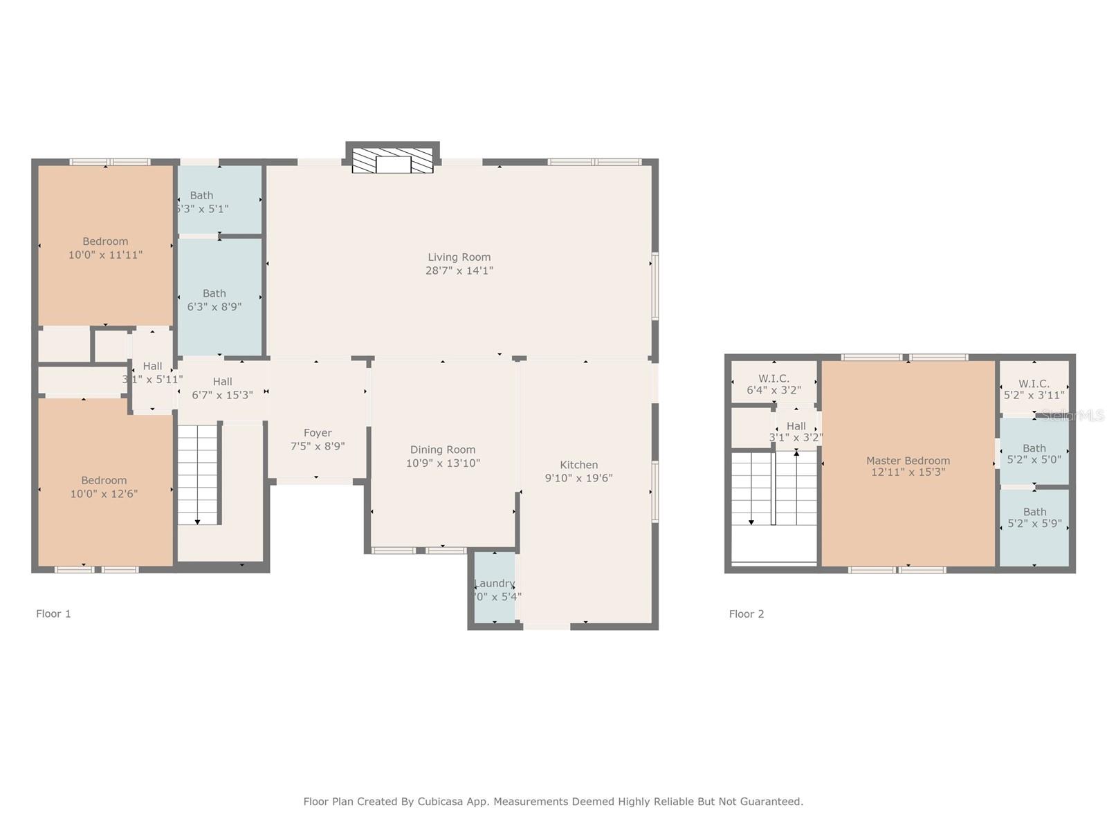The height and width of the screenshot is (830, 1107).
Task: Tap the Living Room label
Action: tap(459, 257)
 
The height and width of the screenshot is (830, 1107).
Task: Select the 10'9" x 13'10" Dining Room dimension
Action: tap(443, 463)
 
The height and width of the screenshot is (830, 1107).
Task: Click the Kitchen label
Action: tap(579, 465)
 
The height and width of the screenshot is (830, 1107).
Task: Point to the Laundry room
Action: tap(495, 588)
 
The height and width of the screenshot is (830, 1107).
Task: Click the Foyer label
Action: tap(318, 433)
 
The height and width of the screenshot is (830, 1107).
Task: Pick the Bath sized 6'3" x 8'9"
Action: tap(214, 299)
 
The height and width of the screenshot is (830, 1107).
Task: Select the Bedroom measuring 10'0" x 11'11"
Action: tap(105, 248)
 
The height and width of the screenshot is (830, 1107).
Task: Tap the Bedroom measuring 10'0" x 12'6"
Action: tap(104, 487)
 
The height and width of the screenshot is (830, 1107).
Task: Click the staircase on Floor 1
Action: tap(199, 474)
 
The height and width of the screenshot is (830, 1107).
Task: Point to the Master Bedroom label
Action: tap(908, 461)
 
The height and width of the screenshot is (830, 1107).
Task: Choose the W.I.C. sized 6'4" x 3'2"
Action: tap(774, 384)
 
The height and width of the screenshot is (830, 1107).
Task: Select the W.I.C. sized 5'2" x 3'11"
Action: tap(1034, 389)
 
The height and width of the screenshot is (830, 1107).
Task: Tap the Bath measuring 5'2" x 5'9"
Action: tap(1034, 518)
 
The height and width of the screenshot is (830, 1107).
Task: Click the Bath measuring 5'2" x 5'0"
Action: tap(1034, 453)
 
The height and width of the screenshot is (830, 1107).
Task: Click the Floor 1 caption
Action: tap(53, 614)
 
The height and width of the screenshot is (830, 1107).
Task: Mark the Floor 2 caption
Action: tap(747, 614)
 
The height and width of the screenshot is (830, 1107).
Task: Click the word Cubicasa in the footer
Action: tap(440, 802)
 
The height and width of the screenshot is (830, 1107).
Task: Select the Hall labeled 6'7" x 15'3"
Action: tap(222, 388)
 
